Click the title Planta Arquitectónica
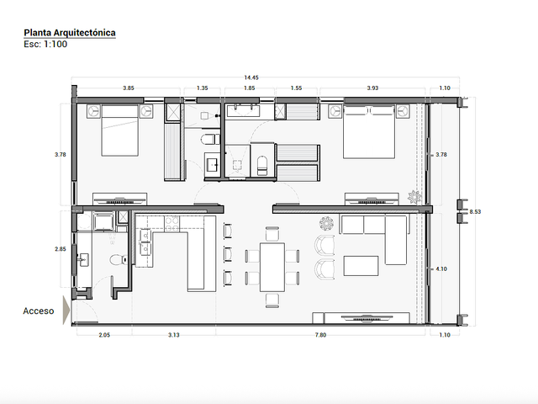pos(70,33)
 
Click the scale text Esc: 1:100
pos(45,45)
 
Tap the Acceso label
pos(39,311)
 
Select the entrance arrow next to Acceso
pos(66,311)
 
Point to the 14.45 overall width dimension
pos(251,77)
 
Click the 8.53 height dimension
pos(475,211)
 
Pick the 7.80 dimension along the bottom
pos(321,335)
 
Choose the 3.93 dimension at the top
pos(372,88)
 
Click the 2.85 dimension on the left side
pos(60,249)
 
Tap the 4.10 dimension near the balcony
pos(441,269)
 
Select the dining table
pos(272,268)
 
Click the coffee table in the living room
pos(361,266)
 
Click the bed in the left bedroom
pos(119,130)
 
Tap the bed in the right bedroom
pos(369,132)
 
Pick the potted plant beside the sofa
pos(326,224)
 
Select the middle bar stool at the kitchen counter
pos(228,254)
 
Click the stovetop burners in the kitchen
pos(171,224)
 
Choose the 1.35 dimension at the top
pos(203,88)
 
